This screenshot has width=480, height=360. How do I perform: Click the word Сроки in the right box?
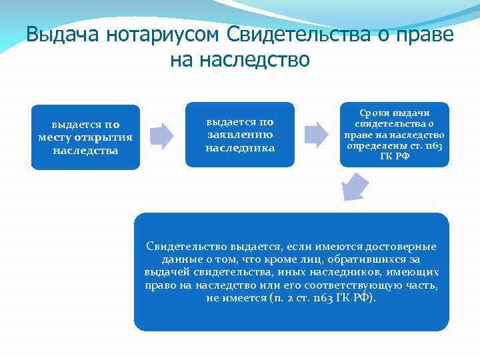(x=381, y=112)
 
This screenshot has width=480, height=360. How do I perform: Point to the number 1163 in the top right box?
(x=433, y=146)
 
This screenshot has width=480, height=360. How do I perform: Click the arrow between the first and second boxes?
(x=161, y=136)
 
